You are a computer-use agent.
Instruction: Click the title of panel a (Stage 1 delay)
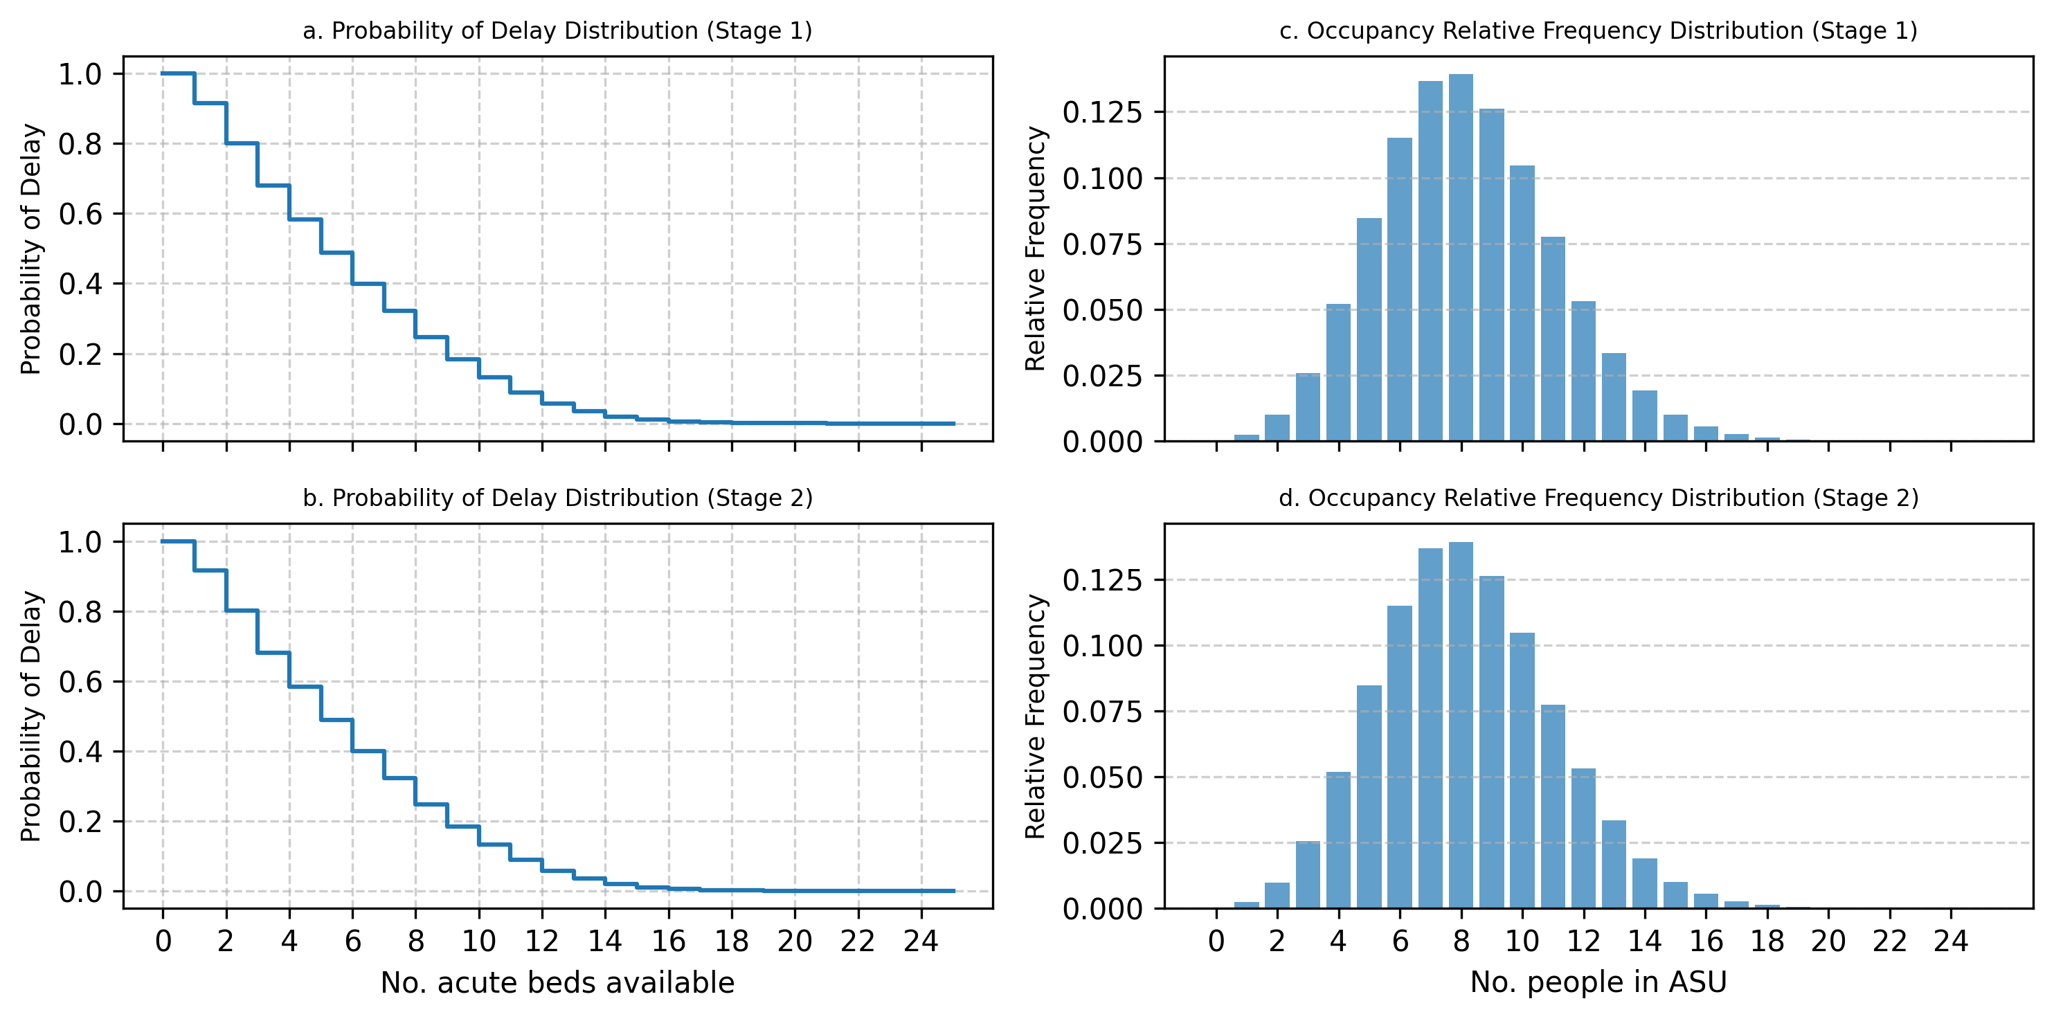tap(557, 31)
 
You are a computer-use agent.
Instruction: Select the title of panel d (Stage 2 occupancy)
tap(1598, 498)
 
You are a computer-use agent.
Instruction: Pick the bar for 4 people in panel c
tap(1338, 372)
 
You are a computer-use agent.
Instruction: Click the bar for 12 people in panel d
tap(1583, 839)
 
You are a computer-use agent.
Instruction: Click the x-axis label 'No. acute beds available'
tap(557, 982)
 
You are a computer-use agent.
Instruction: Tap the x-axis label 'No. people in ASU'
tap(1598, 982)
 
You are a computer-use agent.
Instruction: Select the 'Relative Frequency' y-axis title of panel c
tap(1035, 249)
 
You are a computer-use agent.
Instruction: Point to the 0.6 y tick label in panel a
tap(80, 214)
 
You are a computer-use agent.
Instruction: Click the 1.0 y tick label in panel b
tap(80, 542)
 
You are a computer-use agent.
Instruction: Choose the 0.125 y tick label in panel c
tap(1103, 112)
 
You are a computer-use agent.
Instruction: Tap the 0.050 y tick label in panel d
tap(1103, 777)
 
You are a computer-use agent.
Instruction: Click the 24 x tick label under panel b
tap(921, 941)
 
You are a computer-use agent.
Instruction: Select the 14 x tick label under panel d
tap(1644, 941)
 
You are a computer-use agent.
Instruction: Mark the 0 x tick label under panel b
tap(163, 941)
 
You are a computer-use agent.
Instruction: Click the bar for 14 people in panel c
tap(1644, 415)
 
